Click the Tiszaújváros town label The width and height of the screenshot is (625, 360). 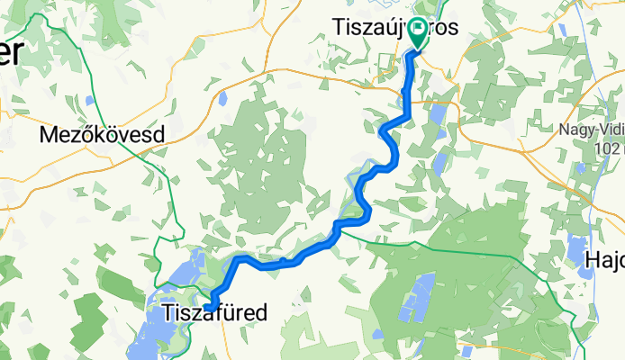click(395, 28)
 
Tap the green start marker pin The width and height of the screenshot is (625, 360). click(420, 33)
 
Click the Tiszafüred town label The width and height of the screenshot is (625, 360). click(215, 313)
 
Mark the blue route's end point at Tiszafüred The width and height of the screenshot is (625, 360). click(209, 308)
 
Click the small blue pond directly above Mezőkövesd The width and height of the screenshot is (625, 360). click(91, 100)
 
